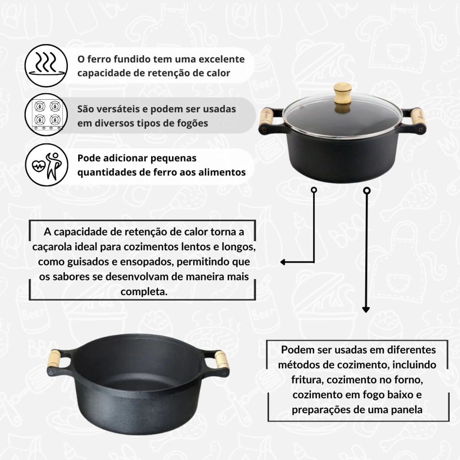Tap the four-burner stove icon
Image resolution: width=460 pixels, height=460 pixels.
tap(47, 115)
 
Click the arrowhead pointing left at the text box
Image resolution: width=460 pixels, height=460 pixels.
tap(283, 262)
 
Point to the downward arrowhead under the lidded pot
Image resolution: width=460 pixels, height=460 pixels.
tap(366, 310)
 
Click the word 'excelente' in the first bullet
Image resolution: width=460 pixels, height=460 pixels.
tap(221, 59)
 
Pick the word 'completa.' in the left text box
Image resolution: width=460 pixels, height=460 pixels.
tap(144, 292)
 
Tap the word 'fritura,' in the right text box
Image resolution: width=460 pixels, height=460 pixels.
tap(307, 380)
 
